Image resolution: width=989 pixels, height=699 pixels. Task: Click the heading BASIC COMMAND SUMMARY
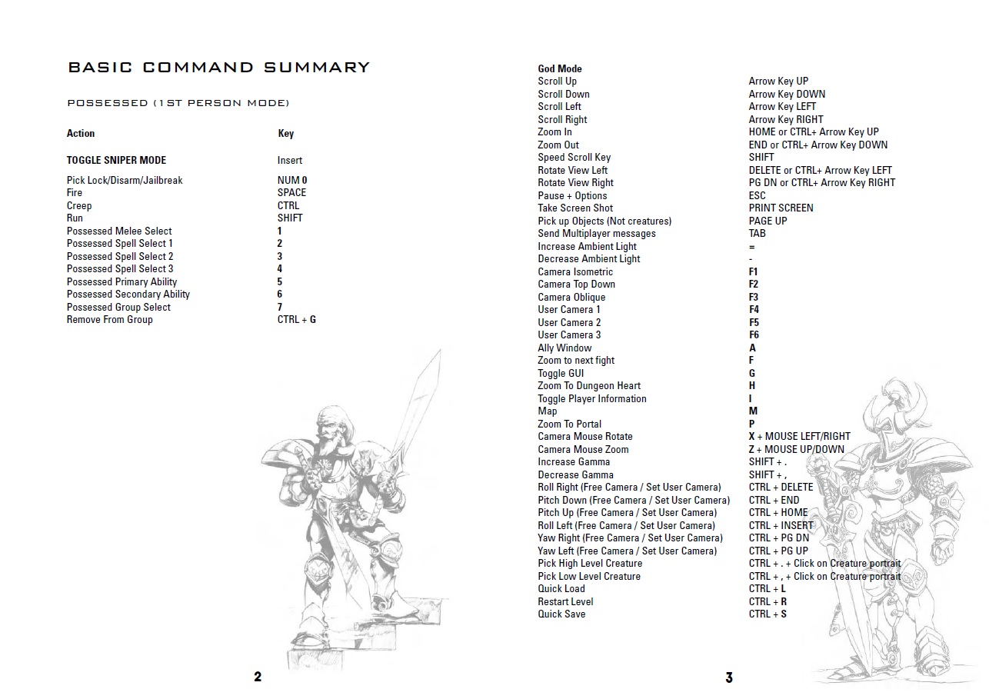tap(219, 68)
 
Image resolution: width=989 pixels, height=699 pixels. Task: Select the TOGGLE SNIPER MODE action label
tap(116, 160)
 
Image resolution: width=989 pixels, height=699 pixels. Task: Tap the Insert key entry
tap(290, 160)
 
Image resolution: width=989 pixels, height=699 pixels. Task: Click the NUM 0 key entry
tap(292, 180)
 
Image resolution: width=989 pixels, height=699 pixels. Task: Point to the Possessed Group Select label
tap(118, 307)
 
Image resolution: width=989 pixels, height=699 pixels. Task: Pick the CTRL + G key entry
tap(296, 319)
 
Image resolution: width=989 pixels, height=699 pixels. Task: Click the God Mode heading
tap(560, 68)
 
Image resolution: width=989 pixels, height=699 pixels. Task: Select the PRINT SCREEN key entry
tap(781, 208)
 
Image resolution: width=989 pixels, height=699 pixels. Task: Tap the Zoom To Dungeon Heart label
tap(589, 385)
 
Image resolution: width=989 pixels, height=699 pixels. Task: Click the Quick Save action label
tap(561, 614)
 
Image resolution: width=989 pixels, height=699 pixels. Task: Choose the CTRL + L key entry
tap(768, 588)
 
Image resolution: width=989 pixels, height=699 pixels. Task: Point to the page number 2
tap(258, 677)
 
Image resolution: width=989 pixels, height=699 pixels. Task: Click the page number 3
tap(729, 677)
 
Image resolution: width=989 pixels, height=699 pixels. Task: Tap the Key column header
tap(285, 133)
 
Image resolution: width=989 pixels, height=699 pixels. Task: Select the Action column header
tap(81, 133)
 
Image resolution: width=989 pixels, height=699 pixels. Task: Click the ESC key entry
tap(758, 195)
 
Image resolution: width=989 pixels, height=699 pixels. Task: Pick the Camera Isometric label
tap(575, 271)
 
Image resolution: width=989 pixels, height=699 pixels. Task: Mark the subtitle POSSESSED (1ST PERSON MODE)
tap(178, 103)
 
